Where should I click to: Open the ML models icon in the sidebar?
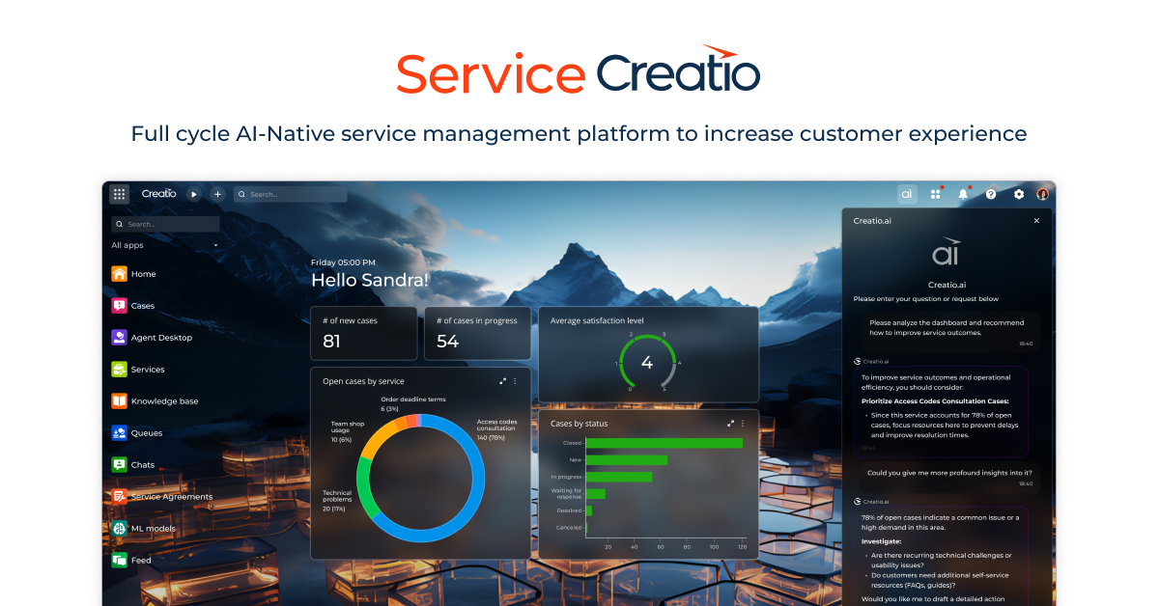click(119, 529)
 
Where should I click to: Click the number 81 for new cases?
click(332, 341)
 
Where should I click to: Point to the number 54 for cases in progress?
click(447, 341)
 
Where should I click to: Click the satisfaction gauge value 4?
click(647, 364)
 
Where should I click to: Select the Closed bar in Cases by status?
click(664, 443)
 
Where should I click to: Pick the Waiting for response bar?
click(596, 493)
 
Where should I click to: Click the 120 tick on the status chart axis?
click(742, 547)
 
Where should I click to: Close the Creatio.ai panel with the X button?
click(1036, 221)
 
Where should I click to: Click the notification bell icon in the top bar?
click(963, 194)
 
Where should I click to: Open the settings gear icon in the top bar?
click(1019, 194)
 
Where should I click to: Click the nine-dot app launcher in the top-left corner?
click(119, 194)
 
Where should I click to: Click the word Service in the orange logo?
click(490, 74)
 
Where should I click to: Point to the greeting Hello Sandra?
click(370, 281)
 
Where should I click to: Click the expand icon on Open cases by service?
click(502, 381)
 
